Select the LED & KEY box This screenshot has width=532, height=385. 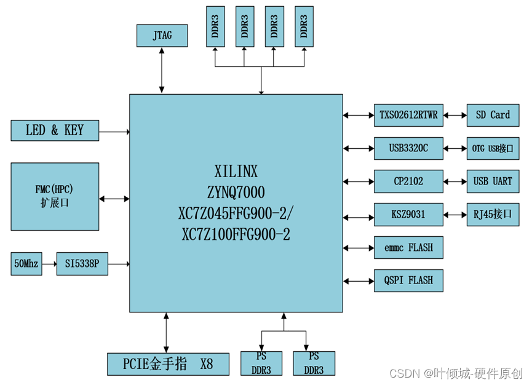(x=55, y=130)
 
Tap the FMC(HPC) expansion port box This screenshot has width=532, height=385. (x=55, y=196)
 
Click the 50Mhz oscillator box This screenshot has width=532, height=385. (x=26, y=264)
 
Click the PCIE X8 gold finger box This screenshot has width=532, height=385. (x=168, y=364)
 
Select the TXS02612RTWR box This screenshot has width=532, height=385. (x=408, y=115)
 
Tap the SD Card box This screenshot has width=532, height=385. (x=492, y=115)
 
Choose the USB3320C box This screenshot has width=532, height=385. (x=408, y=148)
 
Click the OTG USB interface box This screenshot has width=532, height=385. (x=492, y=148)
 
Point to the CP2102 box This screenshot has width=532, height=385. (x=408, y=181)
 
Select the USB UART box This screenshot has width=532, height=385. (x=492, y=181)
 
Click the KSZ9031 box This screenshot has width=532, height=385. (x=408, y=215)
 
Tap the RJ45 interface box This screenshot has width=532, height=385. (x=492, y=215)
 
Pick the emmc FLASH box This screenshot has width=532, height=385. (x=408, y=248)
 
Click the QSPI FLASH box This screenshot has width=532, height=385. (x=408, y=280)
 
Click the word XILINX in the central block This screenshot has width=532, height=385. (x=236, y=170)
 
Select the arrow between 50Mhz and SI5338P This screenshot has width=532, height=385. (x=49, y=264)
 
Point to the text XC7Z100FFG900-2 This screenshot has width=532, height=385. (x=236, y=234)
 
